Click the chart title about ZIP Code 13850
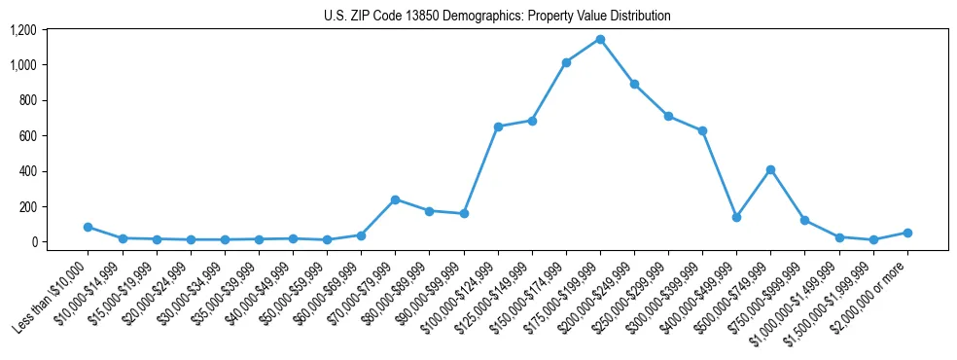pos(497,16)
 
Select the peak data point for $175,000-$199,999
pos(600,40)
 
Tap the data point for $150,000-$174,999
pos(566,62)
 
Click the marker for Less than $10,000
pos(88,227)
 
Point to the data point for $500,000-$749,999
pos(770,169)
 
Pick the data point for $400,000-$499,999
pos(736,217)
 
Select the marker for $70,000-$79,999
pos(395,199)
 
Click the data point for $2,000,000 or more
pos(907,233)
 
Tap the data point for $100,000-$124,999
pos(498,126)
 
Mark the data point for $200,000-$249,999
pos(634,84)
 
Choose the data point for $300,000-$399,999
pos(702,130)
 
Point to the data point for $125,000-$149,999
pos(532,121)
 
